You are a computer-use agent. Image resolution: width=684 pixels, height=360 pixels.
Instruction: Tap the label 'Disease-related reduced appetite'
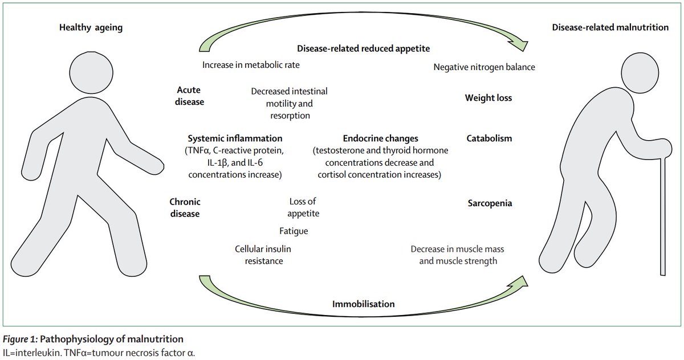[363, 49]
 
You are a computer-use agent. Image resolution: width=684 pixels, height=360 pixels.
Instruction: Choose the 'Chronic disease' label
[185, 208]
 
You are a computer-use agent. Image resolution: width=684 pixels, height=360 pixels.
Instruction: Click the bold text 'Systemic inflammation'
[235, 138]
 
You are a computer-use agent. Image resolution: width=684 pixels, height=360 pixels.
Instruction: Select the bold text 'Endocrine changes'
[380, 138]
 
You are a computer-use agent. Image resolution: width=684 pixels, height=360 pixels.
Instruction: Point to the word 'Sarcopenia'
[488, 203]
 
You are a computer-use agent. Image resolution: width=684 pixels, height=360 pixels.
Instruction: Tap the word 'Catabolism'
[489, 138]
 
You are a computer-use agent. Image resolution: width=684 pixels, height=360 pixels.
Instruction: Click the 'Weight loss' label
[488, 98]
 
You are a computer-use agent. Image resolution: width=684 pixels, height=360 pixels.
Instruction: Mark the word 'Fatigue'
[294, 231]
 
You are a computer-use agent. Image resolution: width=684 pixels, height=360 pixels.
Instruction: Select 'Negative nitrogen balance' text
[484, 67]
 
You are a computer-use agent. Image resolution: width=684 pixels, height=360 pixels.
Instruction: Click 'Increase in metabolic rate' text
[251, 65]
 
